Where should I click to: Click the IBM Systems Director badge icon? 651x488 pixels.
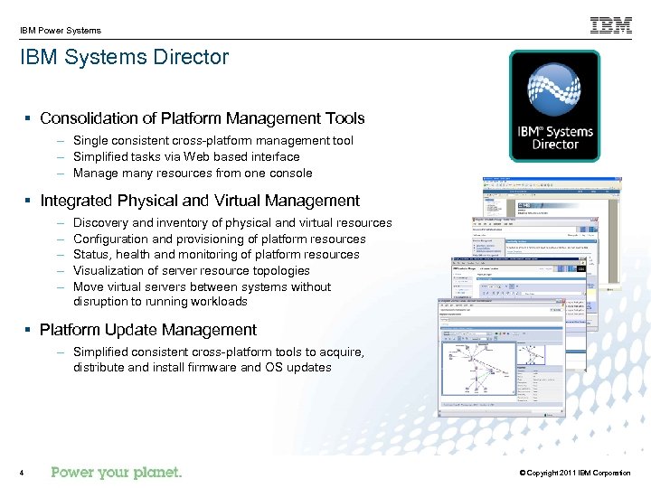click(554, 106)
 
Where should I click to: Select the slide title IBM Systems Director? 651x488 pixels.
click(125, 57)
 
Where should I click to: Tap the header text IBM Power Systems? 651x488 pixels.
click(61, 30)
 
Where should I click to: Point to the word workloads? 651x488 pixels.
click(218, 301)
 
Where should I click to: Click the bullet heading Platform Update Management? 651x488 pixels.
click(148, 330)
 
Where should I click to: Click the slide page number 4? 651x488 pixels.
click(21, 473)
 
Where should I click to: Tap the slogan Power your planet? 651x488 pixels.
click(117, 472)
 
